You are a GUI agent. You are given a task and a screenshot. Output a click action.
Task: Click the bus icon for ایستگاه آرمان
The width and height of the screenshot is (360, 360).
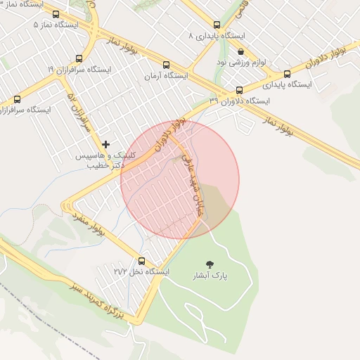tap(166, 65)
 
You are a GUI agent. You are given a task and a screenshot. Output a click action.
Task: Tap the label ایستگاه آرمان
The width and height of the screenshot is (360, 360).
tap(166, 75)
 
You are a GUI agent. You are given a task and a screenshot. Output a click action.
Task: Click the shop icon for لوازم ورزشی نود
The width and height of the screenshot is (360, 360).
tap(241, 51)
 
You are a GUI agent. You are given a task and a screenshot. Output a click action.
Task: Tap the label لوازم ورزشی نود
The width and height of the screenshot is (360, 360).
tap(241, 62)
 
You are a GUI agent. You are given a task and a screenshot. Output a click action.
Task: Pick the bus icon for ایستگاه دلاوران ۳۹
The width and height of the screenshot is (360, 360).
tap(239, 90)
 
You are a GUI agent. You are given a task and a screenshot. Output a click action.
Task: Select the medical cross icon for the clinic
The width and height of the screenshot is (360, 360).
tap(105, 144)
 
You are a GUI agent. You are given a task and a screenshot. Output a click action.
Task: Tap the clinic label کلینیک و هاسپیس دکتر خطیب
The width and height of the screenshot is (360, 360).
tap(105, 160)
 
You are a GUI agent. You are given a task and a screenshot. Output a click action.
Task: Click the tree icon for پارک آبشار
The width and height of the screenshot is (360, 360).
tap(210, 264)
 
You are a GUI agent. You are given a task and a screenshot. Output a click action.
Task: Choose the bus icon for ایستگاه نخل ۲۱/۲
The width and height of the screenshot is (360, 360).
tap(142, 261)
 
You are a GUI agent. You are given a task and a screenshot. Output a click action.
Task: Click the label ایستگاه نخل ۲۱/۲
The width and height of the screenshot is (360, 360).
tap(141, 271)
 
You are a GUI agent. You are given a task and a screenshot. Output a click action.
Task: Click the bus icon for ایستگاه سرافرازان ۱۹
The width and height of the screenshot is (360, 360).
tap(79, 59)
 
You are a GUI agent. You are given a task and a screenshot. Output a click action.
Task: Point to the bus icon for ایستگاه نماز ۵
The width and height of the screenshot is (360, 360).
tap(56, 14)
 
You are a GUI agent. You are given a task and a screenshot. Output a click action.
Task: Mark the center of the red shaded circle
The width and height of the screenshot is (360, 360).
tap(180, 180)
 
